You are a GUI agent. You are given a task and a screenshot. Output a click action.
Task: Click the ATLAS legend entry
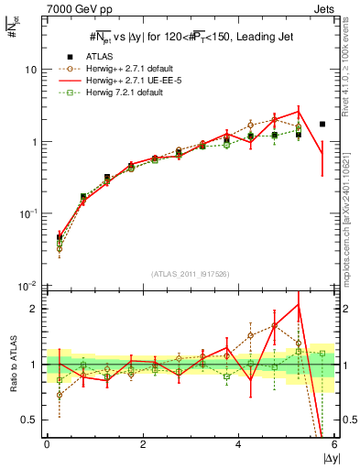[x=99, y=56]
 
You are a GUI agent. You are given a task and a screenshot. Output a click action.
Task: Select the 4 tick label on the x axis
[x=238, y=444]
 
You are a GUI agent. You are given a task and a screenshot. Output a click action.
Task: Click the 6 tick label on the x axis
[x=334, y=444]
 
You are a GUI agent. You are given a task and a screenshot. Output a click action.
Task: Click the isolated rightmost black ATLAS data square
[x=322, y=124]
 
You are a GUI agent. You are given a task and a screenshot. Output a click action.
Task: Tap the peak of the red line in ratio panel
[x=299, y=304]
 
